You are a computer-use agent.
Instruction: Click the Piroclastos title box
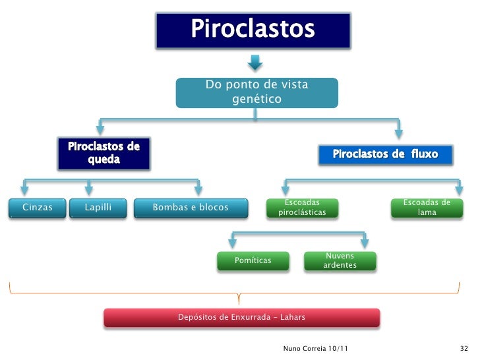click(253, 30)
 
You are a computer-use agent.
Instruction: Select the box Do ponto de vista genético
click(256, 92)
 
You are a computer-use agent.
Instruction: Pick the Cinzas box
click(38, 208)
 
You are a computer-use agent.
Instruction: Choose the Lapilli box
click(98, 208)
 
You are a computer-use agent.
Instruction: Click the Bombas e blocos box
click(191, 208)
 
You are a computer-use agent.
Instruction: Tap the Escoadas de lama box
click(427, 208)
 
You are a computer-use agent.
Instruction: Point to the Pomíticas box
click(253, 260)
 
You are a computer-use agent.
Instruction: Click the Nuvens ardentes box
click(340, 260)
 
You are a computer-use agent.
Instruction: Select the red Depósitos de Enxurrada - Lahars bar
click(241, 317)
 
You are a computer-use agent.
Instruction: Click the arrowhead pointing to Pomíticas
click(229, 243)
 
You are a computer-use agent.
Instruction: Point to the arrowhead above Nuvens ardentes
click(365, 243)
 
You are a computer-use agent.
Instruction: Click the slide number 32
click(464, 347)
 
